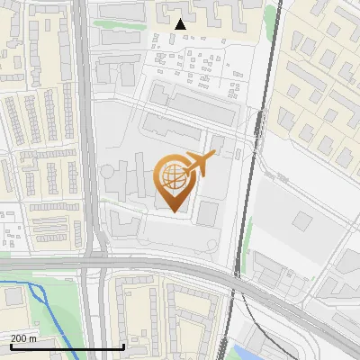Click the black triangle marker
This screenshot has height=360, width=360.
pyautogui.click(x=181, y=24)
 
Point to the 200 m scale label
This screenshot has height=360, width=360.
pyautogui.click(x=24, y=338)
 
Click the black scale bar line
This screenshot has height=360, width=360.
pyautogui.click(x=67, y=347)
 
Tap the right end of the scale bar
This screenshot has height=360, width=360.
pyautogui.click(x=123, y=346)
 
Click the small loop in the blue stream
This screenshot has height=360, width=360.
pyautogui.click(x=38, y=292)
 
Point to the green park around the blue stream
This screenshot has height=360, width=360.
pyautogui.click(x=49, y=310)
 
